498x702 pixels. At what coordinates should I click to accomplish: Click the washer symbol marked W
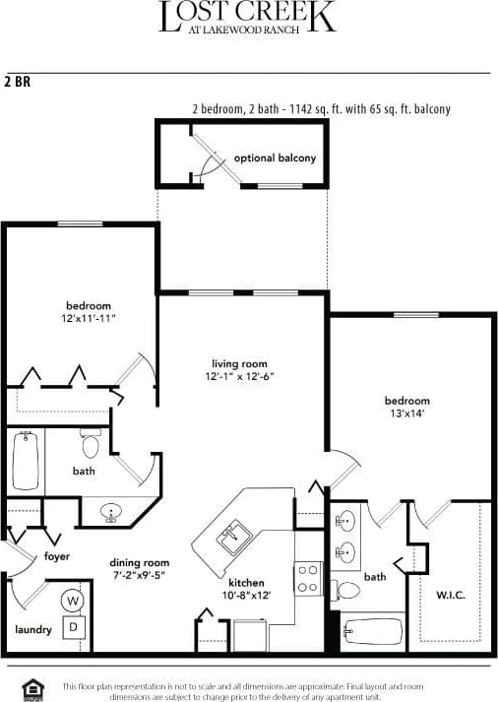(x=73, y=600)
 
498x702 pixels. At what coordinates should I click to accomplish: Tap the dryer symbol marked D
(x=73, y=625)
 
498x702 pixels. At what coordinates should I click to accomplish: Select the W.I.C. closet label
(x=450, y=596)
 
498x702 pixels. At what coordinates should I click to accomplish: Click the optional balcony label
(x=275, y=158)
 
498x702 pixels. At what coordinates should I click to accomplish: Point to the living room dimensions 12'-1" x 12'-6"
(x=239, y=377)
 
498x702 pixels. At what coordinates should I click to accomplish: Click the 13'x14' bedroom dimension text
(x=405, y=414)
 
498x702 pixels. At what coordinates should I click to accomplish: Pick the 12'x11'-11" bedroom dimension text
(x=89, y=319)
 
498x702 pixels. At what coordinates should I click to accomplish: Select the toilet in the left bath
(x=92, y=446)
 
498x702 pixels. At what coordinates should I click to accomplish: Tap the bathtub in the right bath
(x=373, y=630)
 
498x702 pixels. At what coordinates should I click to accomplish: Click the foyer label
(x=57, y=555)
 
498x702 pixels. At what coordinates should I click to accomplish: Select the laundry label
(x=32, y=630)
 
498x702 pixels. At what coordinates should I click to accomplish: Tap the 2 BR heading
(x=18, y=82)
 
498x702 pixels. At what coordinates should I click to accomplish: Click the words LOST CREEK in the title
(x=247, y=17)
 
